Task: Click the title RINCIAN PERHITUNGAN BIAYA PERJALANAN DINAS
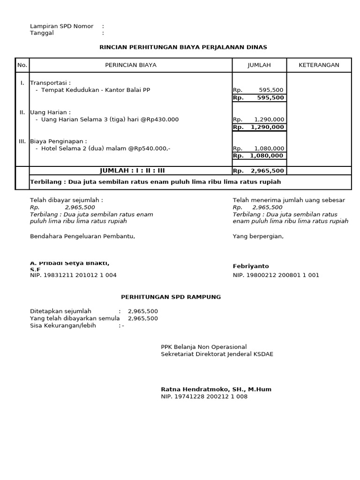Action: (183, 47)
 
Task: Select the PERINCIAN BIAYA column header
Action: (131, 65)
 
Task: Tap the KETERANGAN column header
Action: (319, 65)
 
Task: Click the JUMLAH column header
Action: (259, 65)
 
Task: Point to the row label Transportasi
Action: (50, 82)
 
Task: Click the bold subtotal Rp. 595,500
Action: (259, 98)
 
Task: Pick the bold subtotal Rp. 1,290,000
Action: (259, 127)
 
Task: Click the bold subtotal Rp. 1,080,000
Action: (259, 156)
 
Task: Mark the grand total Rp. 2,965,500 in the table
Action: (259, 171)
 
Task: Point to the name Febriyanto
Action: (251, 266)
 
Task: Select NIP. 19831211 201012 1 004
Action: (73, 275)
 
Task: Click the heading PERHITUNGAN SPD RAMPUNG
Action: (171, 297)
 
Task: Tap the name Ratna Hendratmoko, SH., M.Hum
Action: (216, 389)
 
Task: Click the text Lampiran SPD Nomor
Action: (61, 26)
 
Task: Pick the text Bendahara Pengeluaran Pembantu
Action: (82, 236)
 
